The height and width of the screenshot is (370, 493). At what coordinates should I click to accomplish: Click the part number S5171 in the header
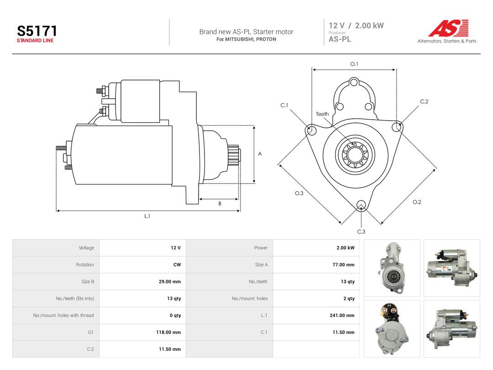[37, 31]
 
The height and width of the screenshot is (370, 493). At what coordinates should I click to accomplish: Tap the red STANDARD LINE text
[35, 41]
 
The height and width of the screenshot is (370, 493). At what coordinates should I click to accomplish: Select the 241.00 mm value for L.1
[342, 315]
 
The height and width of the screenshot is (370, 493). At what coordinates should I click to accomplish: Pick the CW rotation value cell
[177, 264]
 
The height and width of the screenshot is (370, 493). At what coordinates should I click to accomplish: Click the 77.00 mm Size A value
[343, 264]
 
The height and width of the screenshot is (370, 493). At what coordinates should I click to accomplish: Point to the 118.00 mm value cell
[168, 332]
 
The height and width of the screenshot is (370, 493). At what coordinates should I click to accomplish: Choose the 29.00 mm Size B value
[170, 281]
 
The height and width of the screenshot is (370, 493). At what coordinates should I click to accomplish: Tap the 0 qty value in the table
[175, 315]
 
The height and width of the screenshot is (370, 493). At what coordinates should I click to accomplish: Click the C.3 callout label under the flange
[361, 232]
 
